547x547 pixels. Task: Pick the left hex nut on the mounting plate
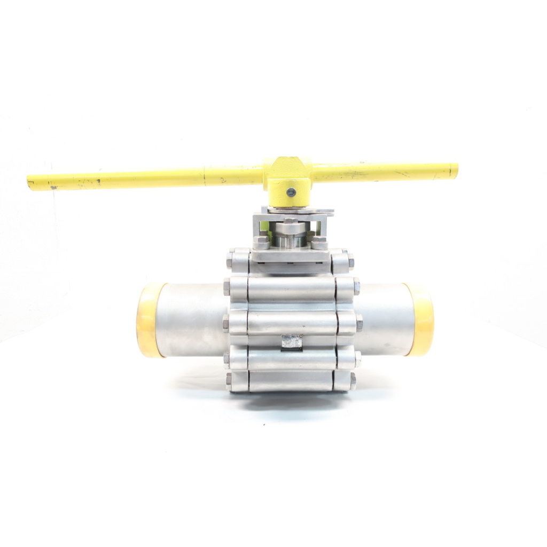[x=262, y=244]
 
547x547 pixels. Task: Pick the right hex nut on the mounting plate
[x=319, y=244]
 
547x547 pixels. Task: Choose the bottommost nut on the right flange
[x=353, y=380]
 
